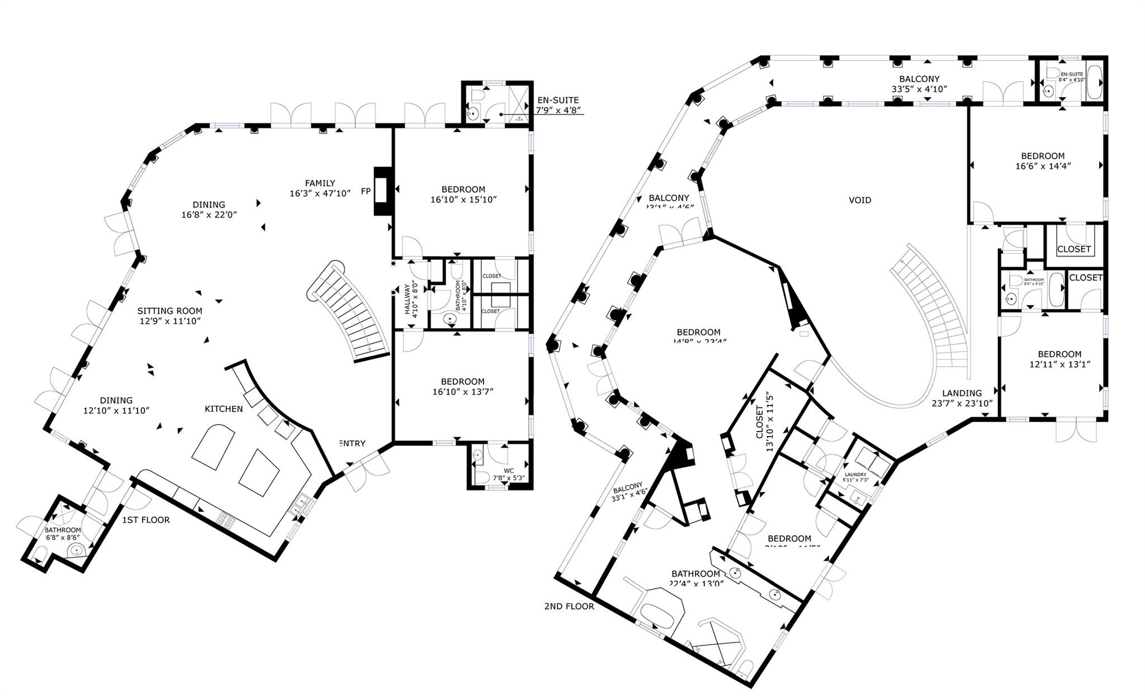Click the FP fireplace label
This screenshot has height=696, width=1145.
point(366,191)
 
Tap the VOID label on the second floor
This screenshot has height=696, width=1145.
point(860,200)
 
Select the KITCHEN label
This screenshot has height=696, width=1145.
point(224,409)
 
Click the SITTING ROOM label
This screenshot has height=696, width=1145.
point(170,311)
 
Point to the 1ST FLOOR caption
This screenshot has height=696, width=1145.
point(146,520)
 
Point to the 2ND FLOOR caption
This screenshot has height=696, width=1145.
point(569,606)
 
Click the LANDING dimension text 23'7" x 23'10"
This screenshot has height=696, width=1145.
point(962,403)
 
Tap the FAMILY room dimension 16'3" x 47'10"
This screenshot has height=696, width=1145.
point(320,193)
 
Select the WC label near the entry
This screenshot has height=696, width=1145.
point(508,471)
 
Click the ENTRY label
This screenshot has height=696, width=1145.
point(352,443)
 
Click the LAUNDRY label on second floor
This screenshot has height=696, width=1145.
point(855,475)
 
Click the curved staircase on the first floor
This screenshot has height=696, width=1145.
point(349,313)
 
